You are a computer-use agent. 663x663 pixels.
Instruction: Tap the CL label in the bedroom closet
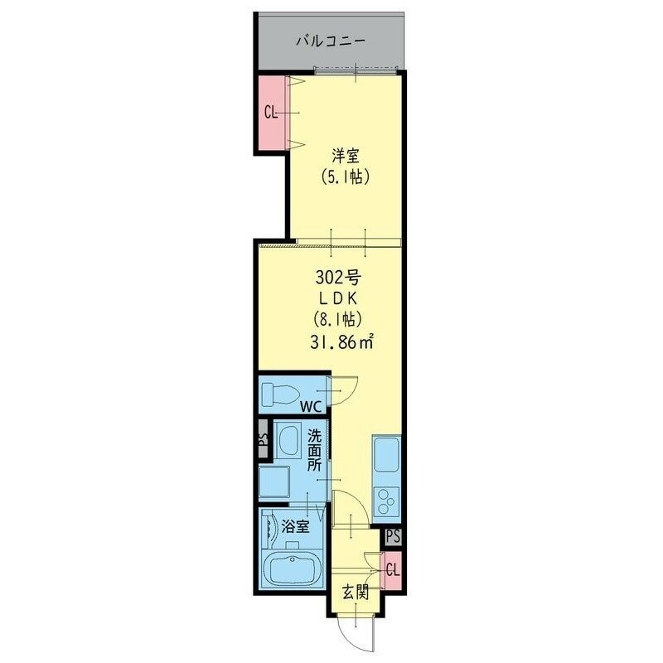(x=269, y=113)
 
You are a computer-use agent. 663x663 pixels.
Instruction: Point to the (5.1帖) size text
(x=344, y=177)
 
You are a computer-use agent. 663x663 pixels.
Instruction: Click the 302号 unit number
(x=337, y=277)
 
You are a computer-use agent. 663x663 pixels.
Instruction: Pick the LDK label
(x=337, y=298)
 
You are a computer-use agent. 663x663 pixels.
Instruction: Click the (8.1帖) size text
(x=337, y=319)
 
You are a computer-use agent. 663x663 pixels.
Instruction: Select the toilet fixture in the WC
(x=278, y=393)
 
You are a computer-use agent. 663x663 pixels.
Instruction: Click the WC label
(x=311, y=407)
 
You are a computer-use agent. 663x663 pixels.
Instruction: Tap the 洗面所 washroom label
(x=315, y=450)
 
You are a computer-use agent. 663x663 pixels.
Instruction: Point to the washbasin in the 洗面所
(x=288, y=442)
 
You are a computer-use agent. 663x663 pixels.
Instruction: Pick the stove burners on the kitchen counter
(x=387, y=500)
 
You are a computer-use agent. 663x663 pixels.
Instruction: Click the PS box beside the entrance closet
(x=393, y=536)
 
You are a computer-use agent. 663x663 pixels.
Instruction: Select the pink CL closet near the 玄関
(x=393, y=570)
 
